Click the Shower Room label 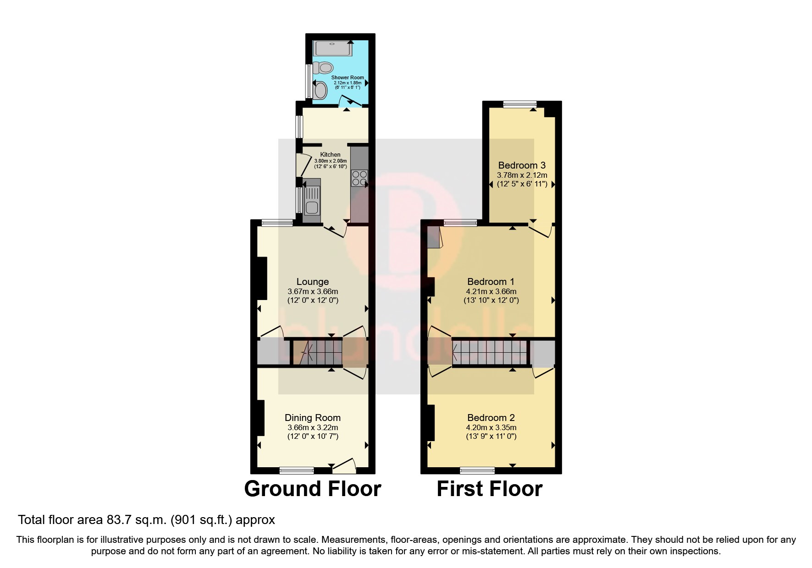point(348,77)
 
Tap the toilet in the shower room point(324,68)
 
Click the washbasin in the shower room point(320,89)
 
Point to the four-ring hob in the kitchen point(359,178)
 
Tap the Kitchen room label point(330,154)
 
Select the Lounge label point(312,282)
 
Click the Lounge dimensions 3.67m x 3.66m point(312,291)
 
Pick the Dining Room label point(312,417)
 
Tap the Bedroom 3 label point(522,165)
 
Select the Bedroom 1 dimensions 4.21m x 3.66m point(491,291)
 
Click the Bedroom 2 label point(491,417)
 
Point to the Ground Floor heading point(312,489)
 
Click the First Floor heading point(489,489)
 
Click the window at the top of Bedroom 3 point(519,104)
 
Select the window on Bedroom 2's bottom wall point(477,470)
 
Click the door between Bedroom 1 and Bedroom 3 point(541,229)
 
